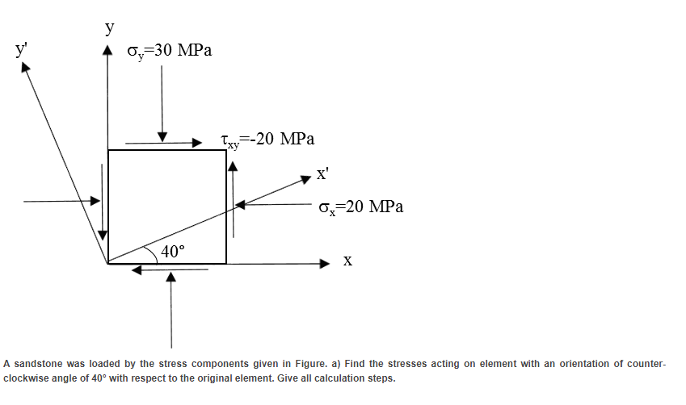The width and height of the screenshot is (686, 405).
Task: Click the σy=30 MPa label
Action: pyautogui.click(x=170, y=51)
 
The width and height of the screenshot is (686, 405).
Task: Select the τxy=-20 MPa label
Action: pyautogui.click(x=267, y=139)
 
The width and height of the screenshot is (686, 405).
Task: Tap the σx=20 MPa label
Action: pyautogui.click(x=360, y=207)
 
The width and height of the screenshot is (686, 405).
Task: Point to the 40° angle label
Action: pyautogui.click(x=172, y=251)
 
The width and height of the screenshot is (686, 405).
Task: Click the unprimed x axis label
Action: pyautogui.click(x=347, y=261)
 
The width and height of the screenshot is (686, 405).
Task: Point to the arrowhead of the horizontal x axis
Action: pyautogui.click(x=325, y=263)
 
